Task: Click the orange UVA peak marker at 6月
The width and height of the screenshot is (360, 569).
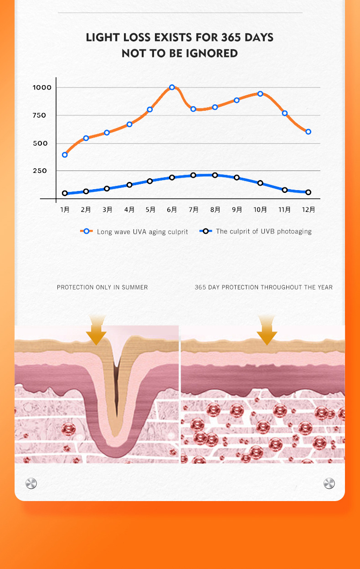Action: click(172, 87)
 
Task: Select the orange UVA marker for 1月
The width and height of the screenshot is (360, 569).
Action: click(65, 155)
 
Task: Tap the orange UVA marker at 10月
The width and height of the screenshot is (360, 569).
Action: click(260, 94)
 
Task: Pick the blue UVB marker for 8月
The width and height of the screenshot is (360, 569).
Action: click(215, 175)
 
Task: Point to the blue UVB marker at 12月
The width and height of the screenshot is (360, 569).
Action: click(309, 192)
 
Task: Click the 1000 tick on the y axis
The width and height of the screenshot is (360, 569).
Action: click(42, 87)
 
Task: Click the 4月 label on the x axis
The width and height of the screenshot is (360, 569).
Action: click(129, 210)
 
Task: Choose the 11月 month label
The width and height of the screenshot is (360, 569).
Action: click(285, 210)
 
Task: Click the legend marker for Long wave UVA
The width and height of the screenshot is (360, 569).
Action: click(87, 231)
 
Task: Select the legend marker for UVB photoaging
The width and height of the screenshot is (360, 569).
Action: click(206, 231)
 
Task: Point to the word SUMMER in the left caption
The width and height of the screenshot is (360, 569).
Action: click(134, 287)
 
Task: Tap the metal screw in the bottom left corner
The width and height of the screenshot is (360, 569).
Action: click(31, 483)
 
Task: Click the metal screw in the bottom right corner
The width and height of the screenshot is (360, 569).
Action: click(329, 483)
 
